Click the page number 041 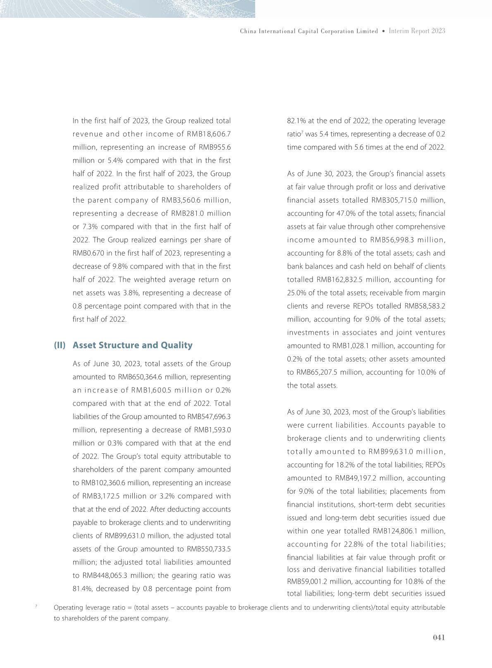tap(439, 637)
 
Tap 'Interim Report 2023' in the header tap(417, 31)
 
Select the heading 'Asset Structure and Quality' tap(132, 345)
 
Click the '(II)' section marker tap(60, 345)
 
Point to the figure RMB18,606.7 tap(209, 134)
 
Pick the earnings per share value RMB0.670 tap(88, 253)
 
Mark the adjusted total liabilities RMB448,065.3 tap(109, 575)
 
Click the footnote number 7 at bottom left tap(36, 606)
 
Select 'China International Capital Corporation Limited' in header tap(309, 31)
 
